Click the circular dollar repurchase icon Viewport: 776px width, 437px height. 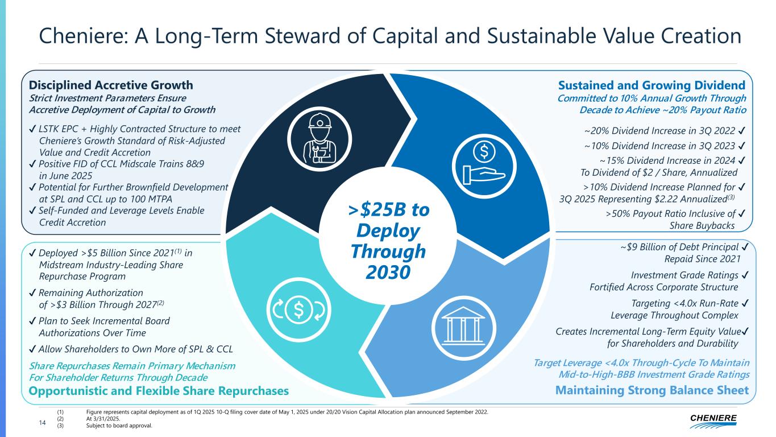(x=298, y=308)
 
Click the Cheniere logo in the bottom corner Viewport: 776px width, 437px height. (x=713, y=420)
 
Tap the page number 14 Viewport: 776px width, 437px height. (x=42, y=421)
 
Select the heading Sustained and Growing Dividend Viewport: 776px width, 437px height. (x=652, y=85)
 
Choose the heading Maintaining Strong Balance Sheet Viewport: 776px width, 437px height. (x=652, y=390)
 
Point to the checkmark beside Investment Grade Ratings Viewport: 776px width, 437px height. (x=745, y=275)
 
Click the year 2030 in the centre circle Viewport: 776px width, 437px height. (x=388, y=271)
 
